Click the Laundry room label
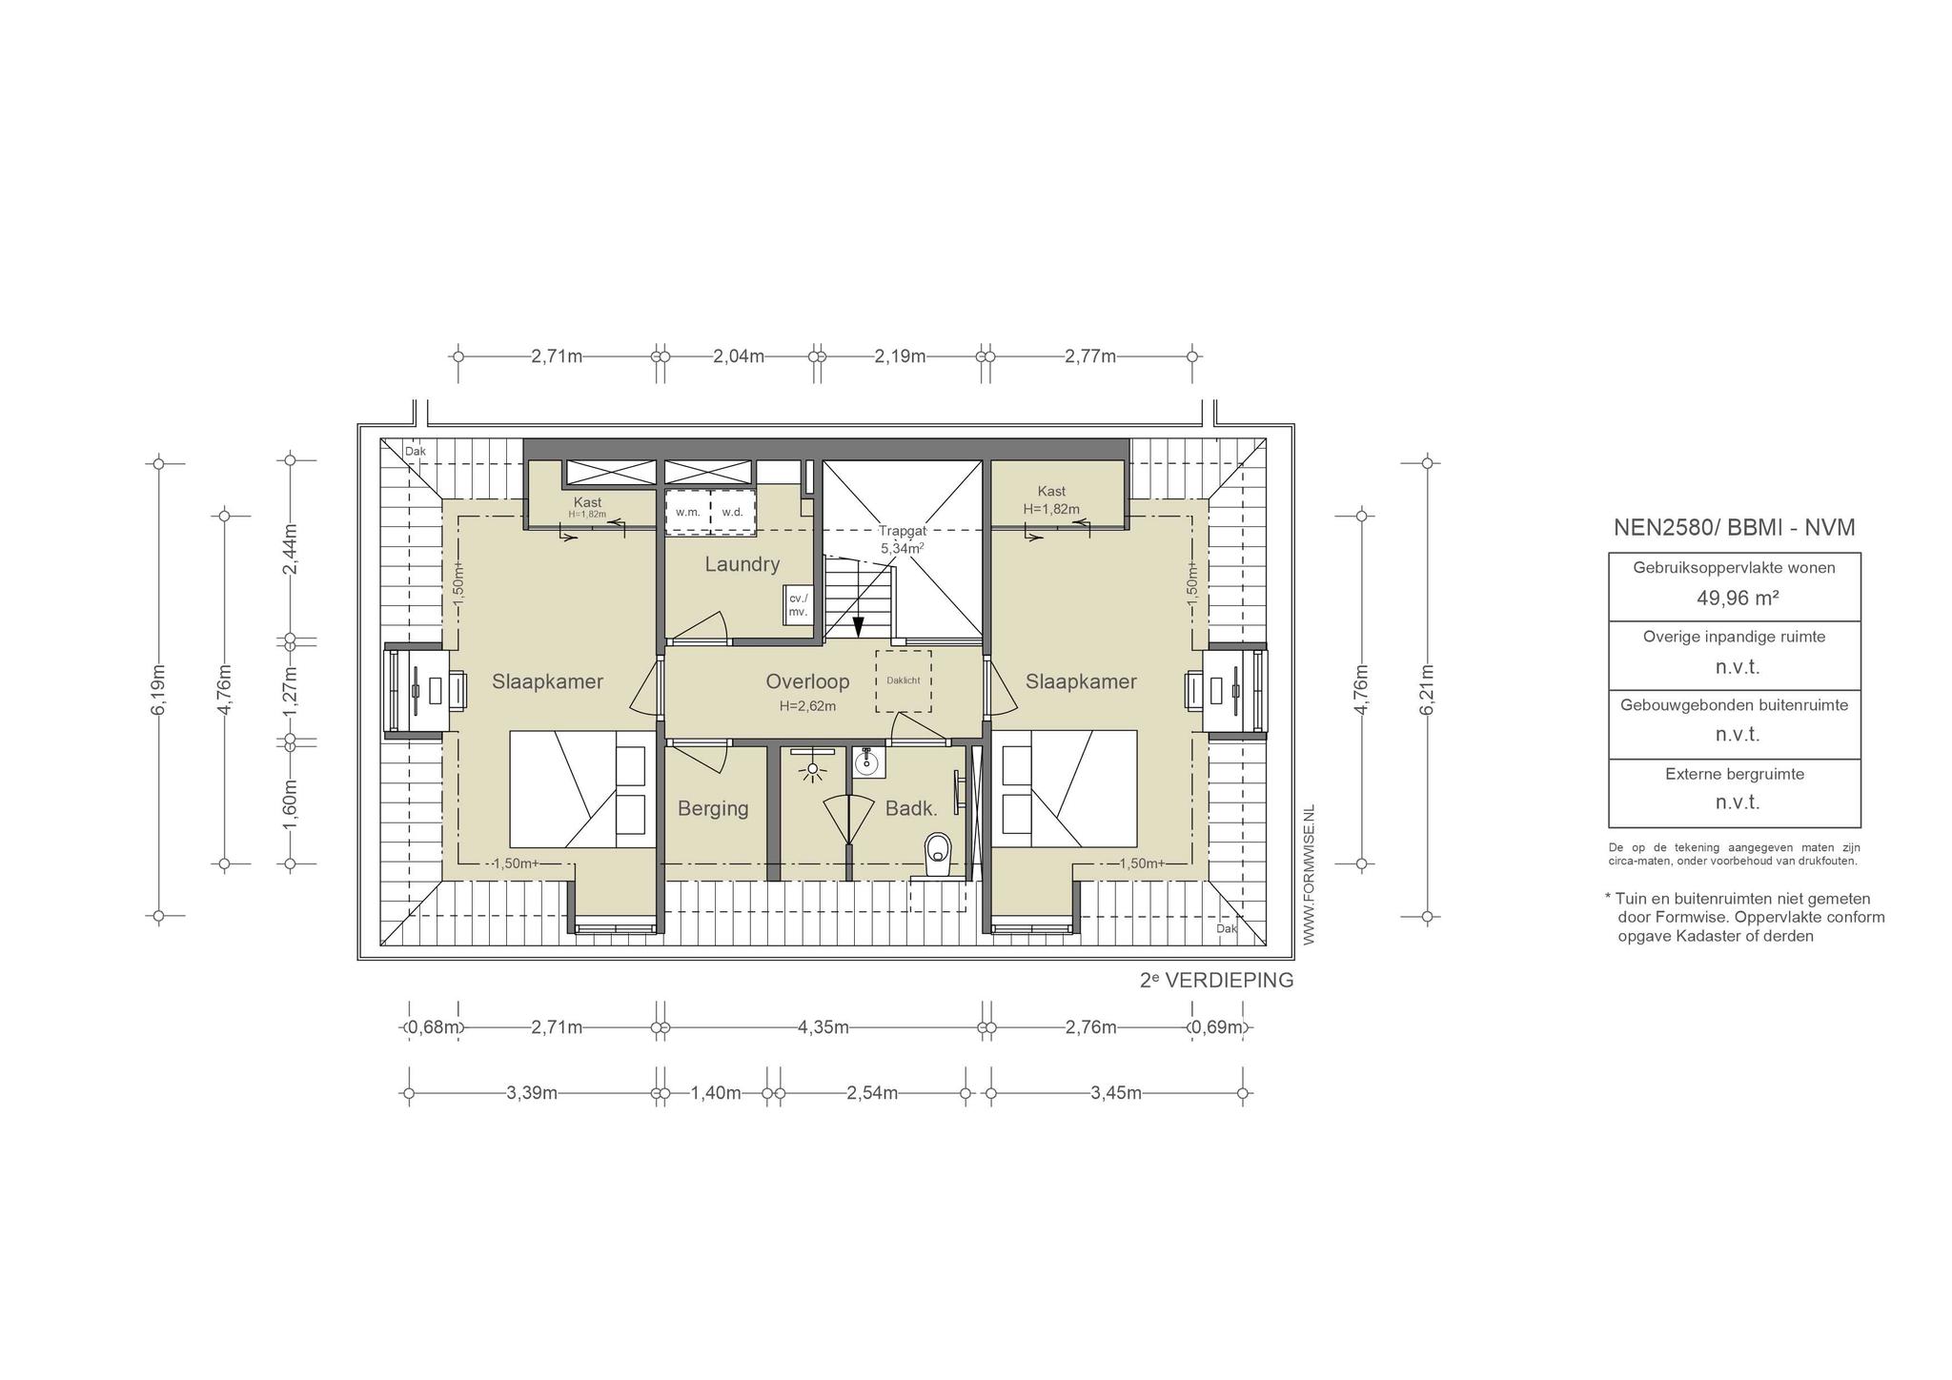click(742, 564)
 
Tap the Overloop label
click(807, 681)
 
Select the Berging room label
click(713, 809)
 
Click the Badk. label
click(911, 809)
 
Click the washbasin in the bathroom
click(866, 762)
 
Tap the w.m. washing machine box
click(688, 512)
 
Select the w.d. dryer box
click(733, 512)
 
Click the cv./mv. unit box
click(798, 604)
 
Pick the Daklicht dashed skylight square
click(904, 681)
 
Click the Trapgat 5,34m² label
click(902, 540)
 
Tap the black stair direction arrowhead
click(858, 627)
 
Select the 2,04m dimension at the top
click(739, 356)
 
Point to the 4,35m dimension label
click(823, 1027)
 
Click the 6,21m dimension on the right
click(1427, 689)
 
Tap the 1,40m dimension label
click(716, 1093)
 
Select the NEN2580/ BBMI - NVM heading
click(1734, 528)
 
